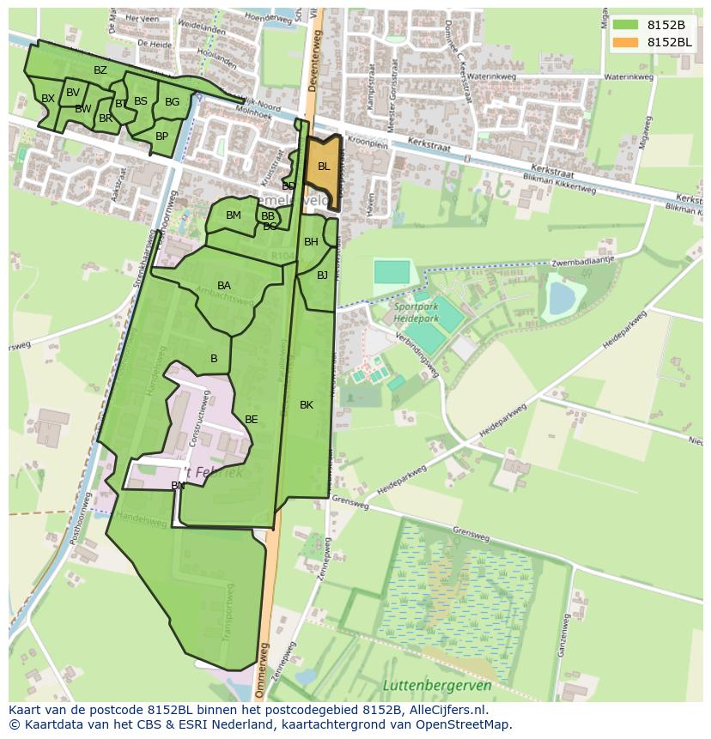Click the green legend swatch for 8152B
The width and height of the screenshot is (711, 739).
(x=625, y=24)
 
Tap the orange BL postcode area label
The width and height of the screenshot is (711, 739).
(x=324, y=167)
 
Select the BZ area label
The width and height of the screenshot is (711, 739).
(x=100, y=70)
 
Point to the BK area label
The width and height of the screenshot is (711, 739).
(x=307, y=405)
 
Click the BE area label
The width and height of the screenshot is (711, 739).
(x=252, y=420)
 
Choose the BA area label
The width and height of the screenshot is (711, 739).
(x=224, y=286)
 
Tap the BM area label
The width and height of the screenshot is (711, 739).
(x=234, y=215)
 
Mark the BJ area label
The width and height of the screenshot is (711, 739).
(x=322, y=276)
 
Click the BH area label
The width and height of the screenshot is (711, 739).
(x=311, y=242)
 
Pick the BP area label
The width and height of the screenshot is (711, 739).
(x=161, y=136)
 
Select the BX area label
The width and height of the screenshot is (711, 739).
(x=48, y=99)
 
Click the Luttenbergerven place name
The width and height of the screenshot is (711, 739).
(x=437, y=685)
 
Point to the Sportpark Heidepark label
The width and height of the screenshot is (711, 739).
(x=416, y=312)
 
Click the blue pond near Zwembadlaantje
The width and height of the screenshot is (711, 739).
(x=562, y=299)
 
